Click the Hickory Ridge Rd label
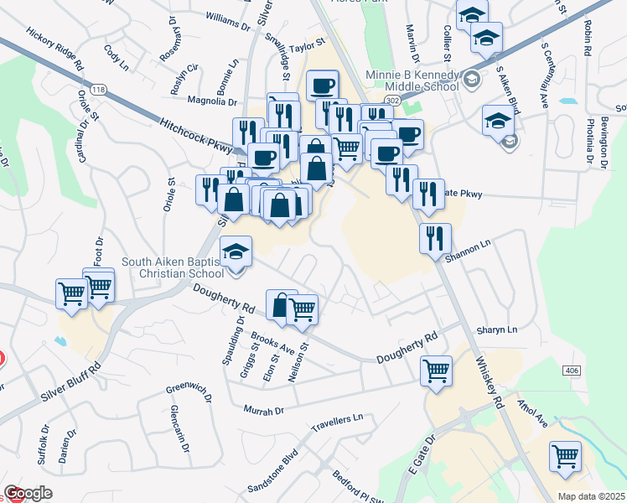(x=55, y=49)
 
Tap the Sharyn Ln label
(x=497, y=330)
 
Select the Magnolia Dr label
(x=212, y=101)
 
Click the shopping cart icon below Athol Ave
(x=566, y=457)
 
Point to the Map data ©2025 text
(x=590, y=496)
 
